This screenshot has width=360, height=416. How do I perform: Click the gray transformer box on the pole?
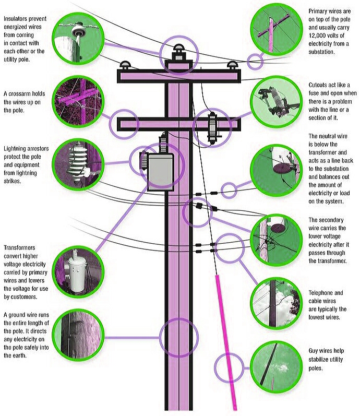pyautogui.click(x=161, y=172)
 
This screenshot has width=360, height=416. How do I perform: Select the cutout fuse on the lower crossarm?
pyautogui.click(x=212, y=127)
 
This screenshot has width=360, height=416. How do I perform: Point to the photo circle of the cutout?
pyautogui.click(x=276, y=102)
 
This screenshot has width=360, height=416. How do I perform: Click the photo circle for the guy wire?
pyautogui.click(x=276, y=367)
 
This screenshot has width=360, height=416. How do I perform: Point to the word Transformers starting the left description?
pyautogui.click(x=19, y=248)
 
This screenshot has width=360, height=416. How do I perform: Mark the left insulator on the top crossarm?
pyautogui.click(x=125, y=65)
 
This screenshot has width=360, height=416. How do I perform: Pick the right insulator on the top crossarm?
pyautogui.click(x=232, y=65)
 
